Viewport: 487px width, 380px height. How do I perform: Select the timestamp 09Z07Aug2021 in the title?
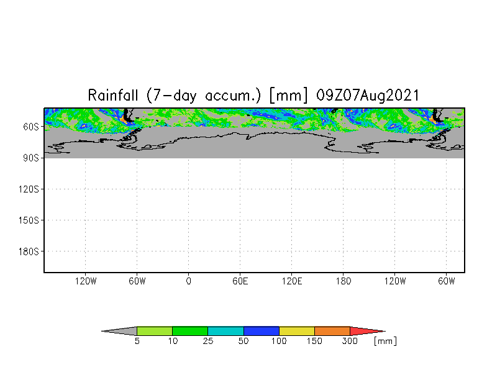pyautogui.click(x=367, y=96)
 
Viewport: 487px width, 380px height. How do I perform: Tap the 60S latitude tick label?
pyautogui.click(x=30, y=127)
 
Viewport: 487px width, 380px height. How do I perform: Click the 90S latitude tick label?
pyautogui.click(x=30, y=158)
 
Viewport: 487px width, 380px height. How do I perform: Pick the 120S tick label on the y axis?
pyautogui.click(x=29, y=189)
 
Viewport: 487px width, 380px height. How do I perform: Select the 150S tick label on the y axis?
pyautogui.click(x=29, y=220)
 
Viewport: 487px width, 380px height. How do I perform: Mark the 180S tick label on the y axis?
pyautogui.click(x=29, y=251)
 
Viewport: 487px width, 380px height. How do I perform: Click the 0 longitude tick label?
pyautogui.click(x=189, y=281)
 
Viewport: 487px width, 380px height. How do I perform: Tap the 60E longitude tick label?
pyautogui.click(x=240, y=281)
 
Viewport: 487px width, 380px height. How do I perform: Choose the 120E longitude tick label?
pyautogui.click(x=292, y=281)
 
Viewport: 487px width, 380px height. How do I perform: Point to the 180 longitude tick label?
pyautogui.click(x=344, y=281)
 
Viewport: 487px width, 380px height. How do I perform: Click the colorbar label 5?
pyautogui.click(x=137, y=342)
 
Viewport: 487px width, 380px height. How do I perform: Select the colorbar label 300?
pyautogui.click(x=350, y=342)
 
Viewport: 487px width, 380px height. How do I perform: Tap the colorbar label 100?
pyautogui.click(x=279, y=342)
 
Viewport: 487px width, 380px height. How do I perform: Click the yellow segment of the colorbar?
pyautogui.click(x=297, y=331)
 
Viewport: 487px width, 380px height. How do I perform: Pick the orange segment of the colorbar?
pyautogui.click(x=332, y=331)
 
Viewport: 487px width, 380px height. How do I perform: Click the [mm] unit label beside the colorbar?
pyautogui.click(x=385, y=341)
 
